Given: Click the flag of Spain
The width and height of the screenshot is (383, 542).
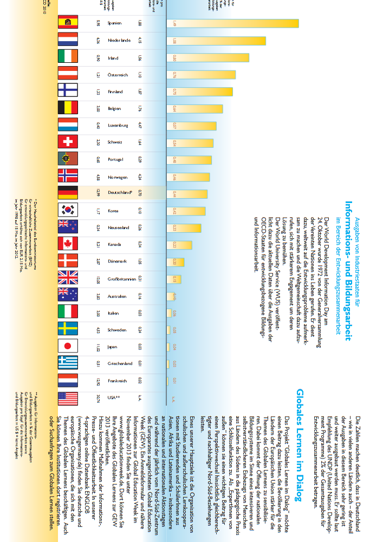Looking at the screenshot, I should tap(68, 23).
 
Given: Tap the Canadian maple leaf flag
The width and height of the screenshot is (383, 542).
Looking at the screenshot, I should tap(68, 244).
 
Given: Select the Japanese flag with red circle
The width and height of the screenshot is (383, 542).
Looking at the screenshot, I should tap(68, 346).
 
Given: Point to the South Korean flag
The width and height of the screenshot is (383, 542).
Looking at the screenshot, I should tap(68, 210).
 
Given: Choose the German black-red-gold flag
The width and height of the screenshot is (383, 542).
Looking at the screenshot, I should tap(68, 193).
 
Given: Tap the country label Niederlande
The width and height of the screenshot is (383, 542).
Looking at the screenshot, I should tap(119, 40).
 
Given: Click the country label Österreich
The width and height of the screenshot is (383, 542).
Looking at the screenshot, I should tap(118, 74).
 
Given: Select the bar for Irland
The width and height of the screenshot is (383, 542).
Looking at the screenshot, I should tap(208, 57).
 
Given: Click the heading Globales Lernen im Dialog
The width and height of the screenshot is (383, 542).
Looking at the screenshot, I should tap(300, 439).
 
